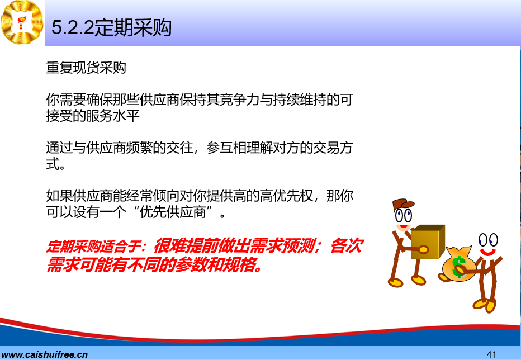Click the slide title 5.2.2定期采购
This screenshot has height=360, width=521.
(x=111, y=27)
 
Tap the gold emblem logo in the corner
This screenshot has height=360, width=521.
(x=22, y=22)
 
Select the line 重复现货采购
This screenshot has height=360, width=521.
(x=86, y=68)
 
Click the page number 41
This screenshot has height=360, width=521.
(x=491, y=354)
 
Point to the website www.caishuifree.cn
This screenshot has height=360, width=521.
(x=44, y=354)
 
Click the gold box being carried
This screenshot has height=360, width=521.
(x=428, y=241)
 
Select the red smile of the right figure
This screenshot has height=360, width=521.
(x=488, y=252)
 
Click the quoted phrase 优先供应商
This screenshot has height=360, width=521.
(x=173, y=212)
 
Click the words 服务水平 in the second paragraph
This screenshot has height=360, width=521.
(x=113, y=115)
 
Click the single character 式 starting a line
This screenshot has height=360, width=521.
(x=53, y=164)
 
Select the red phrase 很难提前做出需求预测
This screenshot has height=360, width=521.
(x=235, y=247)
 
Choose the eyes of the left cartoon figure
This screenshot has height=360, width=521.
(x=404, y=215)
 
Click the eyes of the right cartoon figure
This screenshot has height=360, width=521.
(x=488, y=240)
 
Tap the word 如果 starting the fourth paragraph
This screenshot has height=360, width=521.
(x=59, y=196)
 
